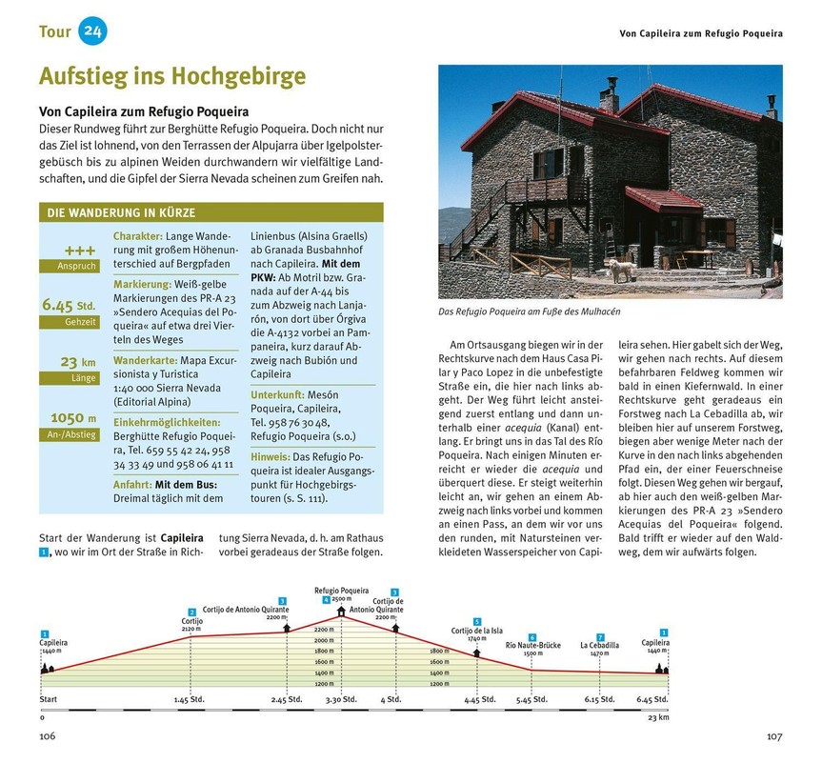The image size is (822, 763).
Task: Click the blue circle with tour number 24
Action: click(x=92, y=30)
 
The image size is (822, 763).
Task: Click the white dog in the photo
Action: click(x=620, y=270)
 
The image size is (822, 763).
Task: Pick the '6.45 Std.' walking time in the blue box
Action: click(x=70, y=305)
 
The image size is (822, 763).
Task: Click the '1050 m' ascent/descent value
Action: click(x=72, y=417)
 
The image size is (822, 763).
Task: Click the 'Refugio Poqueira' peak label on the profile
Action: click(x=340, y=591)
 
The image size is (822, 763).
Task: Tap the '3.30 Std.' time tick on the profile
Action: click(x=339, y=700)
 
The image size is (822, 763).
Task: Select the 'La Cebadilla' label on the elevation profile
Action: click(x=599, y=645)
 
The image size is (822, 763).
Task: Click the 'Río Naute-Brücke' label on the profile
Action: click(x=532, y=645)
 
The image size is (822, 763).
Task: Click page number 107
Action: click(x=772, y=735)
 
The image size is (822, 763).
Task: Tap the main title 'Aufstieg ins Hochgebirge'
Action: click(x=172, y=76)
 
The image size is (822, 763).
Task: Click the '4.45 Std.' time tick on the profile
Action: click(x=479, y=700)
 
